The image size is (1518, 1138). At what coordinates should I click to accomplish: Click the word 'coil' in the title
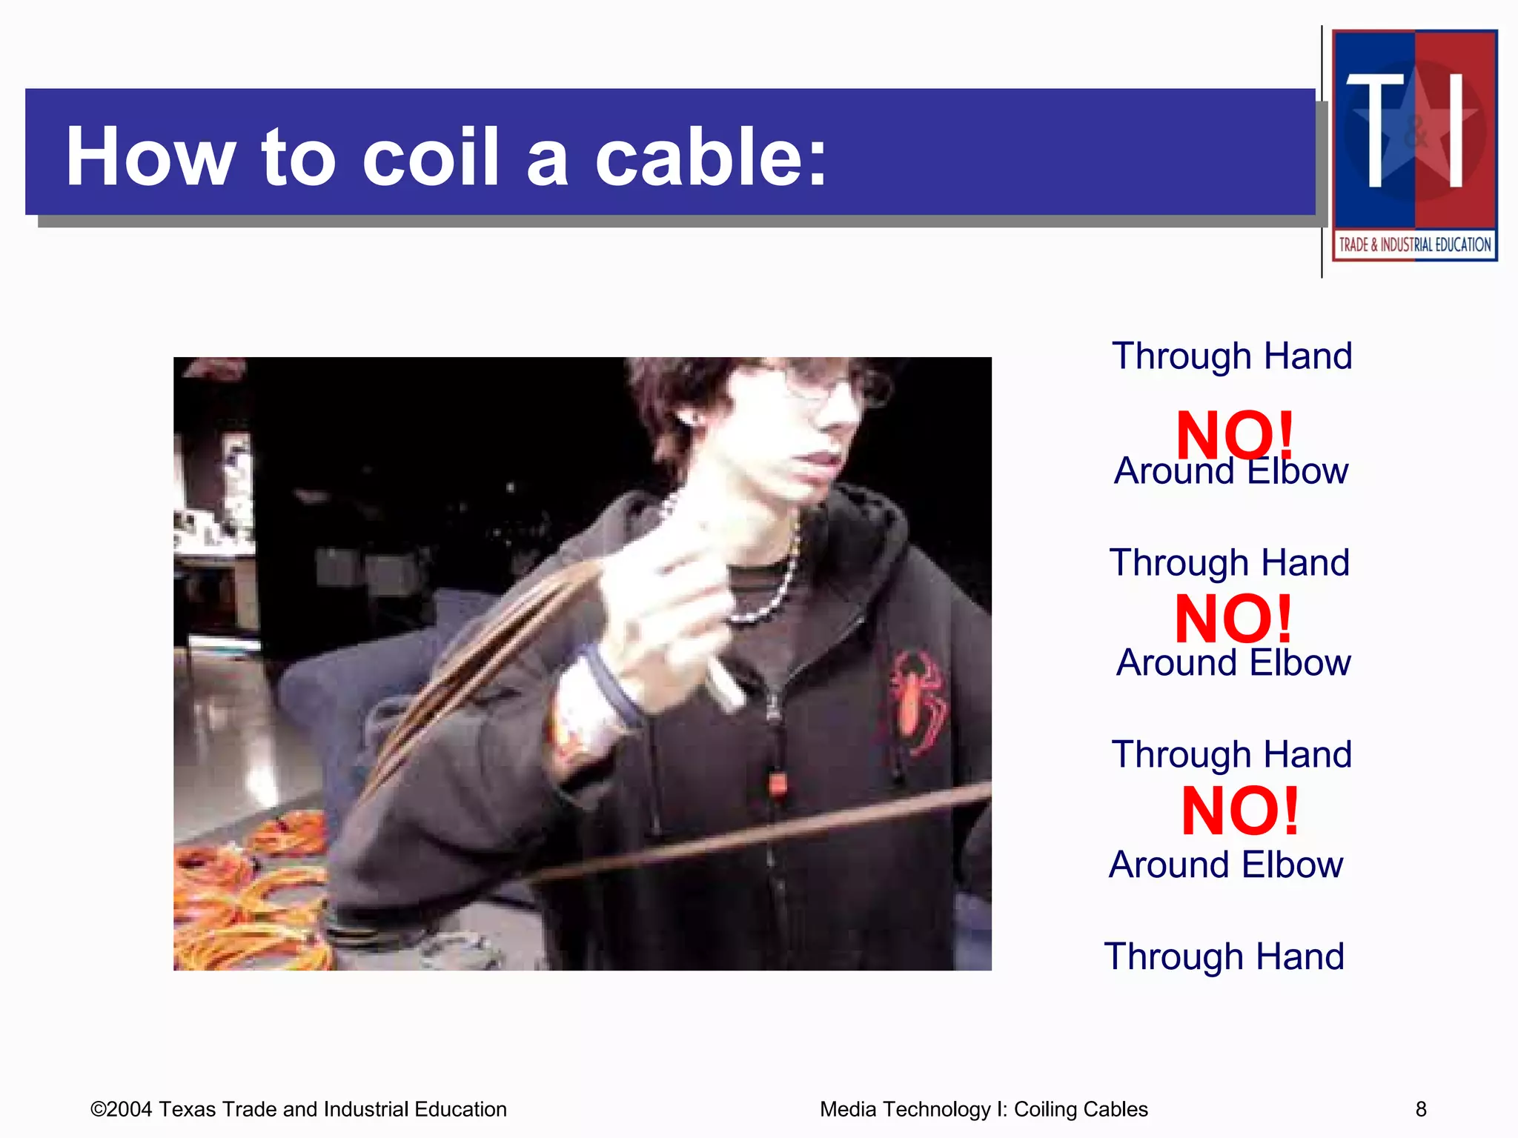[430, 156]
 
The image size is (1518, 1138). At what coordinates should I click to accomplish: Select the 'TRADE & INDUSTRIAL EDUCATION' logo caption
[1414, 244]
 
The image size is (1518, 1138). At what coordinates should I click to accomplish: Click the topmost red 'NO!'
[1234, 435]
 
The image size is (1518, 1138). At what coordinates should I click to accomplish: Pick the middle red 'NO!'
[1233, 619]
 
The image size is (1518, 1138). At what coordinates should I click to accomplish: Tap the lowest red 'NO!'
[1239, 811]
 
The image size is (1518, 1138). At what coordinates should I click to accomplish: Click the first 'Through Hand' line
[1232, 356]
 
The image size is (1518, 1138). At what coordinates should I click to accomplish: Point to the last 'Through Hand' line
[1224, 956]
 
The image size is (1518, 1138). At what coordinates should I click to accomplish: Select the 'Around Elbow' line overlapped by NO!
[1231, 472]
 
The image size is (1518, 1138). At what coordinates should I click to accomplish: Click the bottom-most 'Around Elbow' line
[1226, 865]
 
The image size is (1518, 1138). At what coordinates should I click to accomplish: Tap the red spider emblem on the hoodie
[918, 699]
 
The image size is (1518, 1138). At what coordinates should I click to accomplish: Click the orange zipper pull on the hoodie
[776, 784]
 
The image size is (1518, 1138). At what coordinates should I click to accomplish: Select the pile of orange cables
[248, 896]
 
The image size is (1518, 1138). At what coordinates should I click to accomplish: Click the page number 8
[1421, 1109]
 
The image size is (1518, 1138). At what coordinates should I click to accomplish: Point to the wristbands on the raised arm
[600, 689]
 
